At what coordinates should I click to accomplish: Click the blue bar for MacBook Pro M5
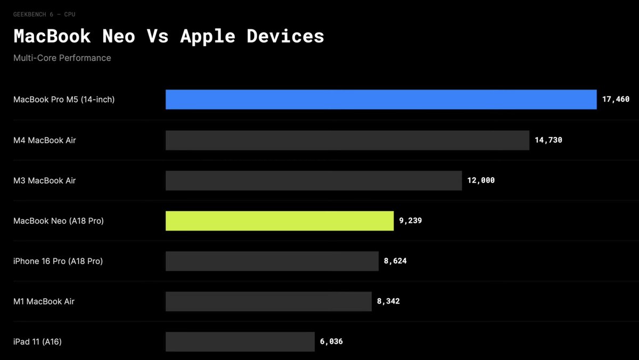click(x=381, y=100)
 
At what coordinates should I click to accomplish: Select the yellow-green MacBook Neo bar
click(x=280, y=220)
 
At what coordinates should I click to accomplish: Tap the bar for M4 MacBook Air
click(x=347, y=140)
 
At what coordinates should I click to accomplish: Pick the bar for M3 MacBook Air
click(x=313, y=181)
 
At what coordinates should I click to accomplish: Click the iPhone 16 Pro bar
click(x=272, y=261)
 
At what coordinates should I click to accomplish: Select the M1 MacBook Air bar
click(x=268, y=301)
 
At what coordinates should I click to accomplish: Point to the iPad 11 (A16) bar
click(x=240, y=342)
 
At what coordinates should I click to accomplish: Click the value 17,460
click(x=616, y=100)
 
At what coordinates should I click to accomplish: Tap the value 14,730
click(x=548, y=140)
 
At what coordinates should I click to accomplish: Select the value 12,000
click(x=481, y=181)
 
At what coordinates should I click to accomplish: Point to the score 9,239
click(x=411, y=220)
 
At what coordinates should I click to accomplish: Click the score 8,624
click(x=395, y=261)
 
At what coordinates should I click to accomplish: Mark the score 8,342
click(x=388, y=301)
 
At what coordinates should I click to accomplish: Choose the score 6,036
click(x=331, y=342)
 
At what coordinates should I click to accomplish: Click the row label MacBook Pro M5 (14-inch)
click(x=64, y=100)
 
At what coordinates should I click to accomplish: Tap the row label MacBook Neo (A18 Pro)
click(x=59, y=220)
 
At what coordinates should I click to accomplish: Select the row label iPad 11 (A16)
click(x=37, y=342)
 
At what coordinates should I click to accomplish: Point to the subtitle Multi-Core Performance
click(x=62, y=58)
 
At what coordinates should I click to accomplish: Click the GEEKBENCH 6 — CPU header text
click(x=44, y=14)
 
